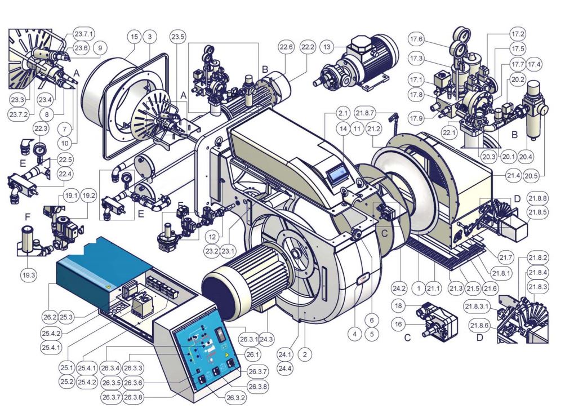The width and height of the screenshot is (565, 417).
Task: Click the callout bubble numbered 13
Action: [327, 47]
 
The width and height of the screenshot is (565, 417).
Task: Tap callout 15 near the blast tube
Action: [134, 37]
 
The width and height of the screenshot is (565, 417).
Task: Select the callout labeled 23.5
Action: [178, 37]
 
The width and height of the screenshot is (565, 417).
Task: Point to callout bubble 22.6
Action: [286, 47]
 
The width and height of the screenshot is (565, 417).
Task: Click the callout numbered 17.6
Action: [416, 39]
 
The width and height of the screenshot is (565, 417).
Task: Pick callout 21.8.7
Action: [364, 113]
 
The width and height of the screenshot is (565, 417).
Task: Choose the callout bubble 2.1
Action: [342, 113]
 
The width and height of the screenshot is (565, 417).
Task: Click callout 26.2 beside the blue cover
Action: [50, 317]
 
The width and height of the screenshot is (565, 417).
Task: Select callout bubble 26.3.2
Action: [235, 398]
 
